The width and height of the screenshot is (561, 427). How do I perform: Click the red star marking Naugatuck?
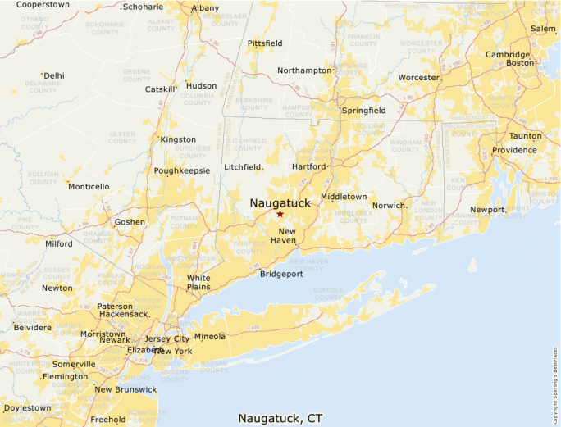point(280,214)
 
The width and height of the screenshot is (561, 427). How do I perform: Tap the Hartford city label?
point(309,166)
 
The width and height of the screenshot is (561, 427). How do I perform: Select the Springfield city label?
point(364,110)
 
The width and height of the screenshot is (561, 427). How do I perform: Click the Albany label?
point(205,8)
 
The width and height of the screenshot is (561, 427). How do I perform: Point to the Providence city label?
point(514,151)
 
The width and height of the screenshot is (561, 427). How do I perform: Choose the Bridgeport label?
point(281,274)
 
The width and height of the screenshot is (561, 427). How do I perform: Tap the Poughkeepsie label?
point(181,171)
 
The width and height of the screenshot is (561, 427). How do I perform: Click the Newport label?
point(487,210)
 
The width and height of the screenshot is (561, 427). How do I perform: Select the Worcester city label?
point(418,78)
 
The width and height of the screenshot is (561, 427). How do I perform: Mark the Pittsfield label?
point(264,43)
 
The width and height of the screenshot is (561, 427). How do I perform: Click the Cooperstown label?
point(43,5)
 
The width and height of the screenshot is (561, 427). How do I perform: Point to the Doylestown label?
point(27,407)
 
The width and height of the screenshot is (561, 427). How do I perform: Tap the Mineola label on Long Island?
point(209,336)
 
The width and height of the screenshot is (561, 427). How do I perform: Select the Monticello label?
point(89,187)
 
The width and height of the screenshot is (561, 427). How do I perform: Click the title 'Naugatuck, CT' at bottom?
point(280,418)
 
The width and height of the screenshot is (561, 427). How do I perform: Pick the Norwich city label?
point(390,205)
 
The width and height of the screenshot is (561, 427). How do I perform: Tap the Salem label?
point(543,29)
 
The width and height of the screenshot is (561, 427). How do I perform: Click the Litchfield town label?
point(244,167)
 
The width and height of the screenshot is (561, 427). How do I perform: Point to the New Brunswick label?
point(125,389)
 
